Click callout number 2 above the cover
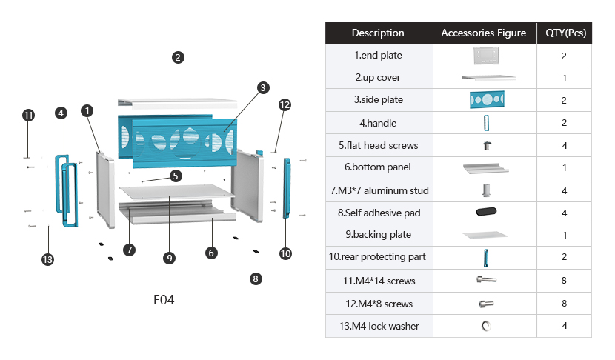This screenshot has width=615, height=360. click(x=178, y=57)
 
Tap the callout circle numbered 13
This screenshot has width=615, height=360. click(x=48, y=259)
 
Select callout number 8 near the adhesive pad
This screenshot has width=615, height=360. click(x=256, y=279)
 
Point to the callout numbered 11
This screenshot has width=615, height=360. click(x=28, y=116)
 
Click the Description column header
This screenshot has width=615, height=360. click(x=378, y=33)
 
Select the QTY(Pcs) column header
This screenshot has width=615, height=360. click(x=565, y=33)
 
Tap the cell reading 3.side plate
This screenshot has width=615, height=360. click(x=378, y=100)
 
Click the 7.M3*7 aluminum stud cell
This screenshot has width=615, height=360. click(x=378, y=190)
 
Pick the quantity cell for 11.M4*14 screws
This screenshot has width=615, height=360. click(x=565, y=281)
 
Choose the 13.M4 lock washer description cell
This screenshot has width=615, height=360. click(x=378, y=326)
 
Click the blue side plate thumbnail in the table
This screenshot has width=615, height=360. click(x=487, y=100)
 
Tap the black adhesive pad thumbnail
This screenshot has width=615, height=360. click(x=487, y=213)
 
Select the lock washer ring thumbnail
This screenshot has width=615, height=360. click(x=487, y=326)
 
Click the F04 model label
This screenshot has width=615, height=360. click(x=164, y=300)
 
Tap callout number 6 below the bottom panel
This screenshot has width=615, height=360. click(x=211, y=253)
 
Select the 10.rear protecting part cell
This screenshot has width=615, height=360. click(x=378, y=257)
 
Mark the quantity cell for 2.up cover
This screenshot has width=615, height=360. click(x=565, y=78)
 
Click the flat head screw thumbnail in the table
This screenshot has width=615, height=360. click(x=487, y=145)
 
